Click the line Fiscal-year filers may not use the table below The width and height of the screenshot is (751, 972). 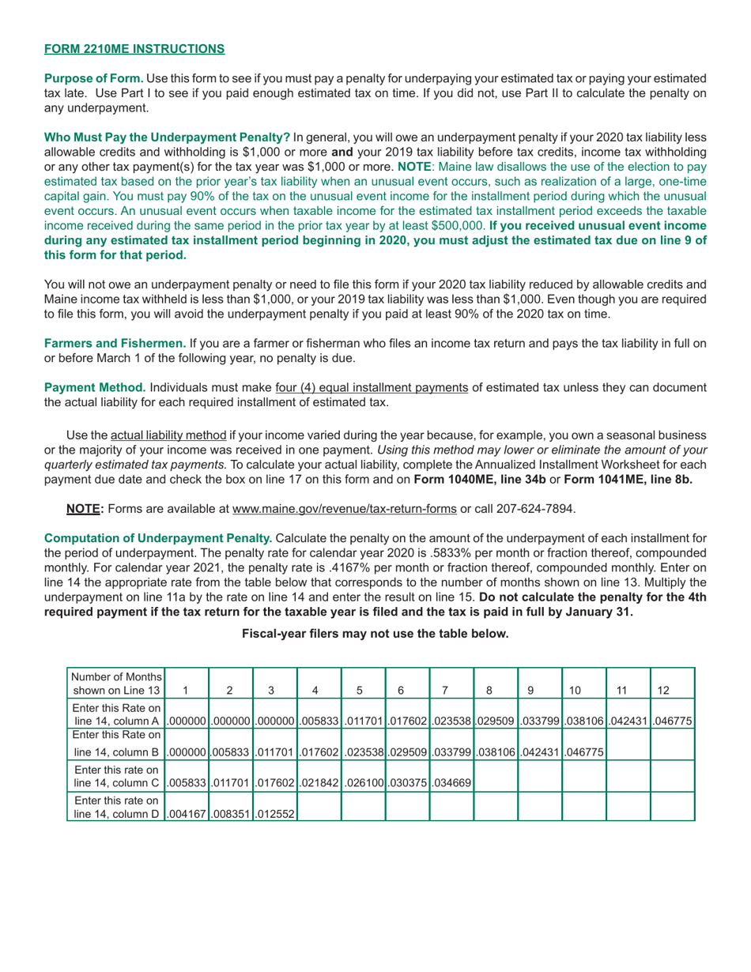click(x=375, y=633)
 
